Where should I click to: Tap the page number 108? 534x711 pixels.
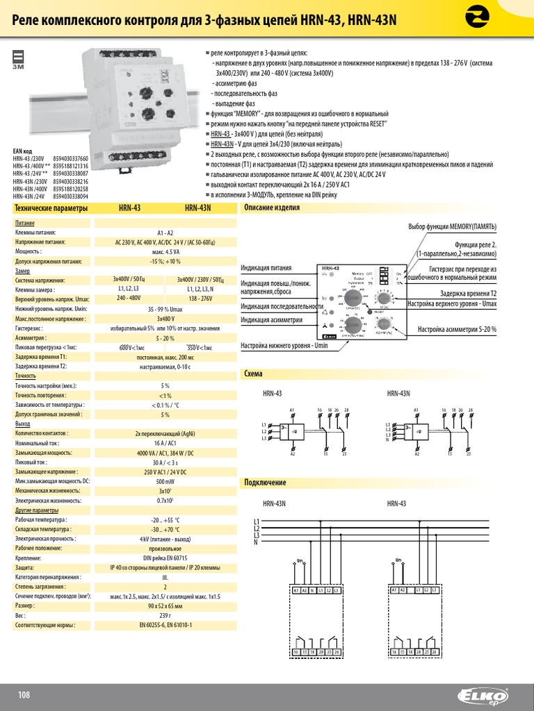[25, 695]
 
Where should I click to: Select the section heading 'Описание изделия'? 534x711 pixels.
[271, 208]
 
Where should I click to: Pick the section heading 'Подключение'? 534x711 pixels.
[265, 482]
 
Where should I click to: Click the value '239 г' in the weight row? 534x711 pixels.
[165, 615]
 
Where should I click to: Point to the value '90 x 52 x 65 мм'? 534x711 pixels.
[165, 605]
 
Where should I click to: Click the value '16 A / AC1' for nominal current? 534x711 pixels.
[165, 442]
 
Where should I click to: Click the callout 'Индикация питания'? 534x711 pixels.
[266, 268]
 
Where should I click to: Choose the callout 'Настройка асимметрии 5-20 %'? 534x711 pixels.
[457, 329]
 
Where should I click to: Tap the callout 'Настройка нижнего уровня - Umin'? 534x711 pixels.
[284, 345]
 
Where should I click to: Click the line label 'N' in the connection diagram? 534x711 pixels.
[257, 542]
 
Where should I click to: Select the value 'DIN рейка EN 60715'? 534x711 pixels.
[165, 558]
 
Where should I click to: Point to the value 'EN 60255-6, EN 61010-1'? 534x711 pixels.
[165, 625]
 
